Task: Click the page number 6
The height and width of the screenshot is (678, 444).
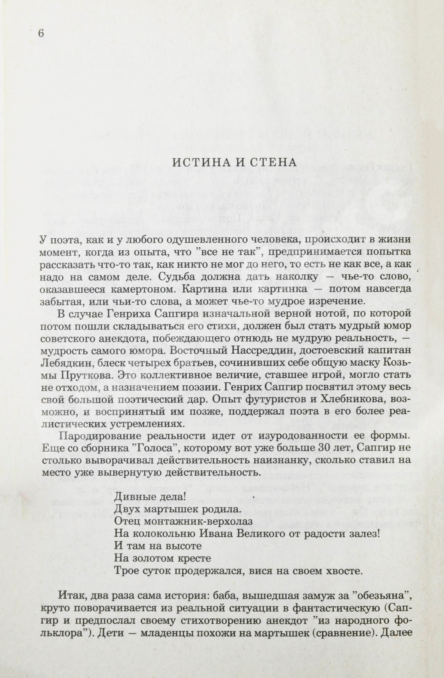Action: (x=41, y=33)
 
